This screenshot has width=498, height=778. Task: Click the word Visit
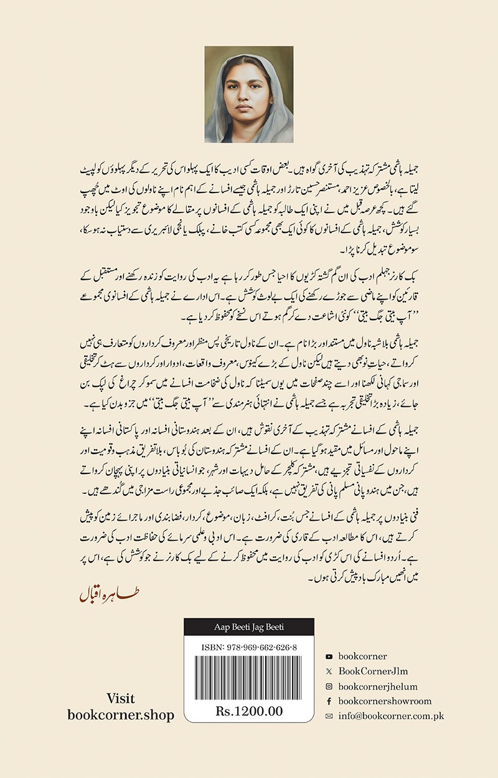[x=121, y=698]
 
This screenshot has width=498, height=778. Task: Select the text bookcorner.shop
[x=121, y=714]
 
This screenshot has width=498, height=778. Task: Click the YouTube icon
[x=329, y=657]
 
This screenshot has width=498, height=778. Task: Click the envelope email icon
[x=329, y=716]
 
